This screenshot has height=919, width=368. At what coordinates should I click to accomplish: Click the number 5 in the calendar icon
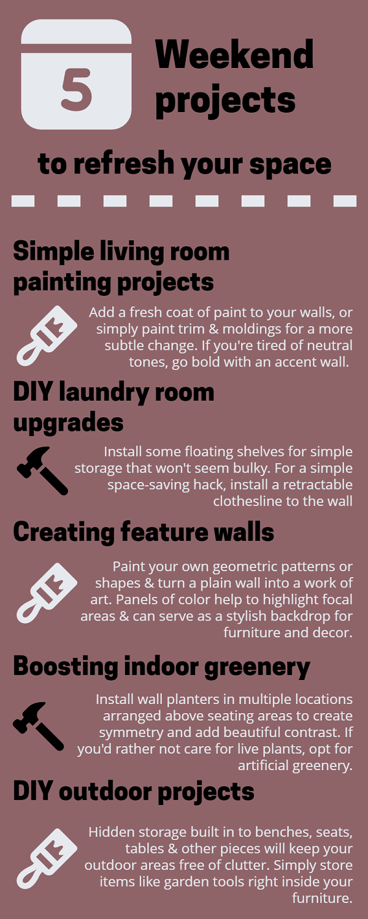pos(77,89)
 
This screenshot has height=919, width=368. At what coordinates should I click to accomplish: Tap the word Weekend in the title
pos(234,55)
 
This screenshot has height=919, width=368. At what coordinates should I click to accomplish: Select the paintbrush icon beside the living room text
pos(47,336)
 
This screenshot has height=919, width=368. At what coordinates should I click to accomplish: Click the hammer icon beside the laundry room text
pos(42,471)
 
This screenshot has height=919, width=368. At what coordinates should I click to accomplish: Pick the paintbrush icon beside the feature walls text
pos(47,593)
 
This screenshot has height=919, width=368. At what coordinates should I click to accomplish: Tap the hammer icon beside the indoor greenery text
pos(38,726)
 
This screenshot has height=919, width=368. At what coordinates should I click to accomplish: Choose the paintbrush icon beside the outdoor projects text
pos(47,858)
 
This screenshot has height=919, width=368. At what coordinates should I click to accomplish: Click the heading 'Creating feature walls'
pos(144,532)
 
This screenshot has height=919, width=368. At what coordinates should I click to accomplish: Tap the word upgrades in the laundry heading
pos(68,423)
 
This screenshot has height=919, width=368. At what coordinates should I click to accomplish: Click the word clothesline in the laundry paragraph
pos(249,501)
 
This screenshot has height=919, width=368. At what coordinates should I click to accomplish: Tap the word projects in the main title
pos(225,101)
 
